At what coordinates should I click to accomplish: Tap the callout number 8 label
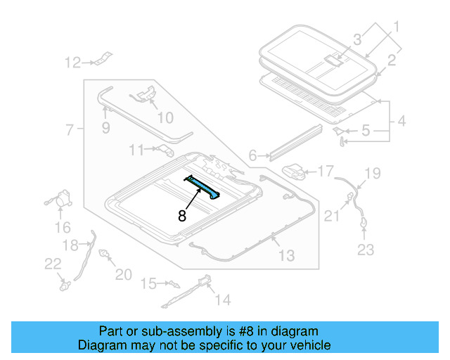coord(181,217)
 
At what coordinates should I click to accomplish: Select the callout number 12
coord(73,63)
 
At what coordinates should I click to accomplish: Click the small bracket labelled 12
coord(103,60)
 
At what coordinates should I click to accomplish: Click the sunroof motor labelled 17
coord(295,171)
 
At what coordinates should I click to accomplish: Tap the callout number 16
coord(63,227)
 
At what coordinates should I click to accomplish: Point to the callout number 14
coord(222,300)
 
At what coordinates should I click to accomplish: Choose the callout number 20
coord(123,274)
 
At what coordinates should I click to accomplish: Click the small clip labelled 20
coord(105,255)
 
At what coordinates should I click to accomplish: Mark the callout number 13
coord(286,256)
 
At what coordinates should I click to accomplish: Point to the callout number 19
coord(372,172)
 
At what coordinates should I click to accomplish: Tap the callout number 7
coord(69,129)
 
